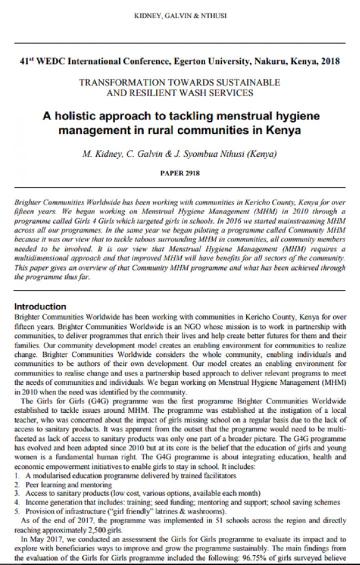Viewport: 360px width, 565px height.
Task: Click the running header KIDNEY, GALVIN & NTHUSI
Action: [180, 15]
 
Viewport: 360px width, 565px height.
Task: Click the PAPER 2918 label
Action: [180, 173]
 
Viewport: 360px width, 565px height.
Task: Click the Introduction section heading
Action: [40, 306]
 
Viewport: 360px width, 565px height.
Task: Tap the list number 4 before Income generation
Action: [16, 501]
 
